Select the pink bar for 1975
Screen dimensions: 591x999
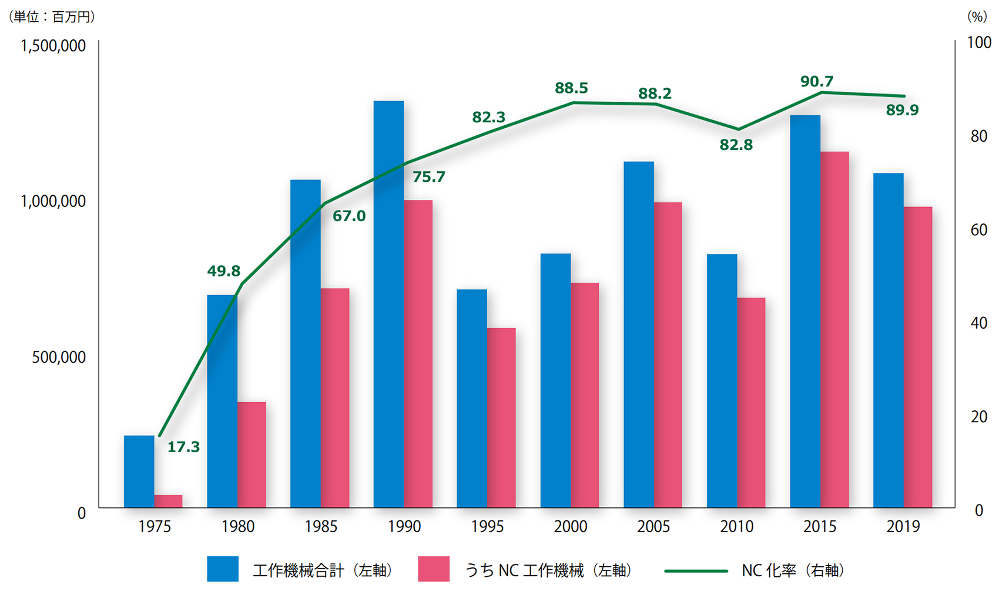tap(168, 501)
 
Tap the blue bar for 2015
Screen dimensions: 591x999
tap(805, 311)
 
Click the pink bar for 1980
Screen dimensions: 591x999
tap(252, 455)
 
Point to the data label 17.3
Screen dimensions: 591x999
tap(183, 448)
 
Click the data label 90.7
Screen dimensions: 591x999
tap(817, 82)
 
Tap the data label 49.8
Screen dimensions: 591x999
tap(223, 271)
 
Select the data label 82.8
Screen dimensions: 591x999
tap(736, 145)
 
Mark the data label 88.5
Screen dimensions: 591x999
tap(571, 88)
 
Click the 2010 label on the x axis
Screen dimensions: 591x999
tap(737, 526)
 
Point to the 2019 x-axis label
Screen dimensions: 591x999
tap(903, 526)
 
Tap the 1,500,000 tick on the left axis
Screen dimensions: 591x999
tap(53, 46)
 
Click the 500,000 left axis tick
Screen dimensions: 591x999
tap(59, 357)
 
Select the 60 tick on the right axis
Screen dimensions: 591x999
tap(978, 229)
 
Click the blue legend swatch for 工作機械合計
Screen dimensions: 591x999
tap(223, 569)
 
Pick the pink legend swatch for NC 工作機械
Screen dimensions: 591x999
tap(434, 569)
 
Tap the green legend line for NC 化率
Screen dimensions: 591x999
tap(696, 570)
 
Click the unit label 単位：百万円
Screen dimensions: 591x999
tap(52, 17)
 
